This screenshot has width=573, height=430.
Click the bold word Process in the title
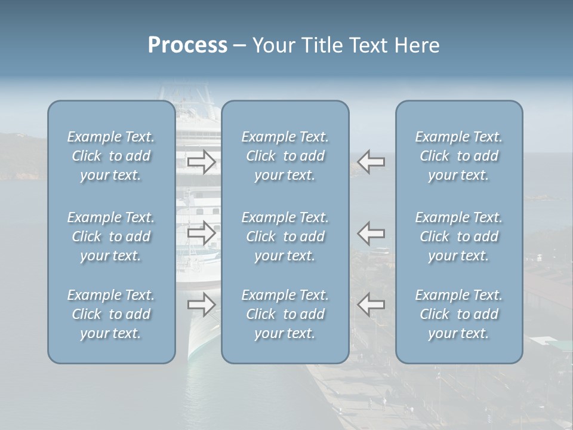pos(187,45)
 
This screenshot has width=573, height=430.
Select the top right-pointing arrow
pos(201,162)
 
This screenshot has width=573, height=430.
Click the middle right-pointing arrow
pos(201,233)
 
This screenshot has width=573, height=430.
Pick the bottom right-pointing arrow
pos(201,305)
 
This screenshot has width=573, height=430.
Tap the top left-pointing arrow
pos(371,162)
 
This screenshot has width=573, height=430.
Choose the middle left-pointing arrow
pos(371,233)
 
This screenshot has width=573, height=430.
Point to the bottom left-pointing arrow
pos(371,305)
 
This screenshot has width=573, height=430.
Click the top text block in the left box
pos(111,156)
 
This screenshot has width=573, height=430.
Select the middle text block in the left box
pos(111,236)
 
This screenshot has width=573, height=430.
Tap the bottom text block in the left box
pos(111,314)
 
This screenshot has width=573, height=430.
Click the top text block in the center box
pos(285,156)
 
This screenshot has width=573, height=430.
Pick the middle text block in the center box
pos(285,236)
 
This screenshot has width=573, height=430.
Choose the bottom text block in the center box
pos(285,314)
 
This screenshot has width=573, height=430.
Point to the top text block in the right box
pos(459,156)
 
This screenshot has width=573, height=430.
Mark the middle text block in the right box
pos(459,236)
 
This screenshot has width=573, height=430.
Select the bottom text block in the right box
pos(459,314)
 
